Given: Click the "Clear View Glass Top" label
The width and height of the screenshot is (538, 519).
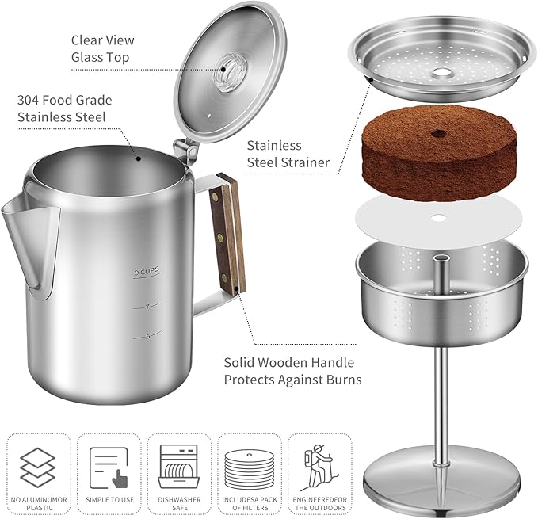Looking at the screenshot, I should [x=103, y=48].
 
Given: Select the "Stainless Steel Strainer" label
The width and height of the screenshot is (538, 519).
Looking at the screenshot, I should [x=288, y=155].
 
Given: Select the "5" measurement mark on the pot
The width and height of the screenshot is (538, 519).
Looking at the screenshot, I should [x=147, y=336].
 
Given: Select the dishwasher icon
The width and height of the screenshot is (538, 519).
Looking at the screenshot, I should [x=178, y=464].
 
